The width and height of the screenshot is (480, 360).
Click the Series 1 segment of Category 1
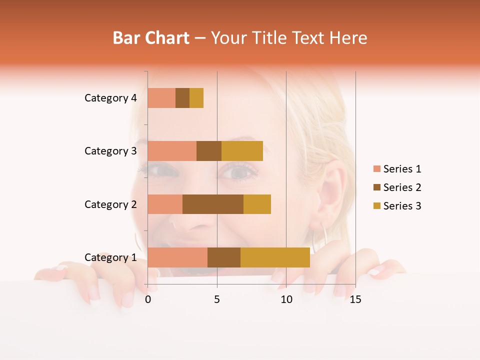(x=177, y=257)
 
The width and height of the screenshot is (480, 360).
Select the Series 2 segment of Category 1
(x=224, y=257)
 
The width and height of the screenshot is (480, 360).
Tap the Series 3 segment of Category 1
(x=275, y=257)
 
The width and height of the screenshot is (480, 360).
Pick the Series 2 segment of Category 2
(x=213, y=204)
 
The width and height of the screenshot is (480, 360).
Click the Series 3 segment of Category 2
(x=257, y=204)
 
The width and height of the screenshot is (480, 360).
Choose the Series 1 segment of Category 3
(x=172, y=151)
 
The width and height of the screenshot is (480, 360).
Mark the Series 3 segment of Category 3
(x=242, y=151)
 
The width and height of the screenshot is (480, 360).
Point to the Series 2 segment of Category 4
(x=182, y=98)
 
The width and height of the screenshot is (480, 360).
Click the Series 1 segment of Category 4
(x=161, y=98)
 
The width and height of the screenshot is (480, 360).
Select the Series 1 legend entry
(x=397, y=169)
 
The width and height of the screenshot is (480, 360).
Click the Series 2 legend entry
(x=397, y=187)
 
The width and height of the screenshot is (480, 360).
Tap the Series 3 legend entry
(x=397, y=206)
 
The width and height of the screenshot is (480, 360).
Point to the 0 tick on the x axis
(x=148, y=299)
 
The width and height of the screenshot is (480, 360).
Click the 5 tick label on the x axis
(x=217, y=299)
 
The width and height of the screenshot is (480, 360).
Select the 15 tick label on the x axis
(x=355, y=299)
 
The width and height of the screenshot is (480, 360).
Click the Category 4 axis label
(x=110, y=98)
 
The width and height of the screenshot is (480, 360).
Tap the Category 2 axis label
(x=110, y=204)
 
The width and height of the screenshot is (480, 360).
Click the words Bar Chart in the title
(x=151, y=38)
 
